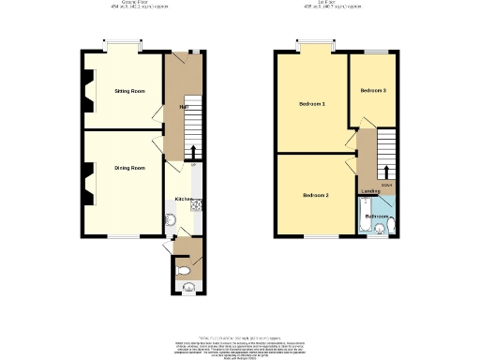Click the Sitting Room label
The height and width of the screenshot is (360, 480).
point(129,91)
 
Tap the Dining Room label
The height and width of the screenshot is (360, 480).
point(129,168)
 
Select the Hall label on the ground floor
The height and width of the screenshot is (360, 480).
point(181,107)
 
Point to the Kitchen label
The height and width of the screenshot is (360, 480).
point(184,200)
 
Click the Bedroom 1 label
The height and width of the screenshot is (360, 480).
point(311,103)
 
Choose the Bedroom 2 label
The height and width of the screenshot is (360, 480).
point(315,195)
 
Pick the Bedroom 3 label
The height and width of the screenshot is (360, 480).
point(372,91)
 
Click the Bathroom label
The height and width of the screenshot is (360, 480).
point(376,217)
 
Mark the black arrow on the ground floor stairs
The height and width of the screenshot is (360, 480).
point(193,151)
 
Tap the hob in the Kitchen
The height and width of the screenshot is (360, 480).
point(197,203)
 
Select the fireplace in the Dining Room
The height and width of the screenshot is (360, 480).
point(87,184)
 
